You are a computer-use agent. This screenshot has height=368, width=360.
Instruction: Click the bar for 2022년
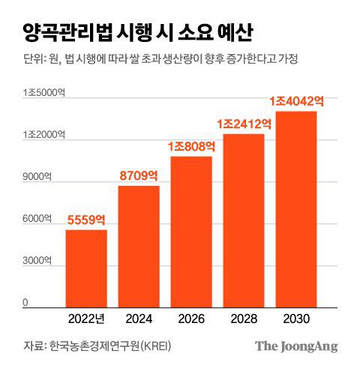[x=86, y=269]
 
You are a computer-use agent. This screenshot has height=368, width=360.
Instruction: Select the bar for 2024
[x=139, y=247]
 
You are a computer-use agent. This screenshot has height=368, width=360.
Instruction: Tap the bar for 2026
[x=191, y=232]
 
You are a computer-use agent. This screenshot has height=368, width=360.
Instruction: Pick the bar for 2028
[x=244, y=221]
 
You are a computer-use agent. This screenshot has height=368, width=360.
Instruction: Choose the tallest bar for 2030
[x=296, y=210]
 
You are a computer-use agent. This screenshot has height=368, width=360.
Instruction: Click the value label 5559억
[x=86, y=220]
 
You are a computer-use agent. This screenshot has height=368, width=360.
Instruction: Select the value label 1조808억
[x=191, y=147]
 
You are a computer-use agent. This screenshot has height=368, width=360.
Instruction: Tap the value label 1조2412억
[x=244, y=124]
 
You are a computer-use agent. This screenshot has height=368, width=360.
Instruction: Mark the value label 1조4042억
[x=296, y=100]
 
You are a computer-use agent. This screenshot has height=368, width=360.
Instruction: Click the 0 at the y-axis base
[x=25, y=303]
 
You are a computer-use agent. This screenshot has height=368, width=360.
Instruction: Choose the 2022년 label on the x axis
[x=86, y=319]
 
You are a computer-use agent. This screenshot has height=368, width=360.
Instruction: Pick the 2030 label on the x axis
[x=296, y=319]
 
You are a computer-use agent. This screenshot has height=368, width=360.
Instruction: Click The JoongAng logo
[x=295, y=346]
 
